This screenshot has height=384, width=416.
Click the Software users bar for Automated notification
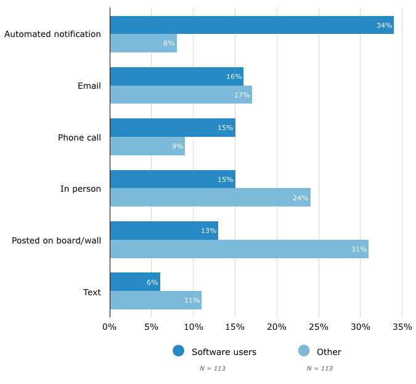(251, 25)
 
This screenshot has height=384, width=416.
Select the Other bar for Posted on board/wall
(239, 249)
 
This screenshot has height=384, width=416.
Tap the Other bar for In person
(210, 198)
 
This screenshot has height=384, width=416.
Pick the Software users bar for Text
(135, 282)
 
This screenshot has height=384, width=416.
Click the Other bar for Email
(181, 95)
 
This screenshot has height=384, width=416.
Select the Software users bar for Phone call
(173, 128)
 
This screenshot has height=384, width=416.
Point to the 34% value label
(384, 25)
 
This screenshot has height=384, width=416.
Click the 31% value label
(359, 249)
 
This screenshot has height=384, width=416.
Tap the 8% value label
(169, 43)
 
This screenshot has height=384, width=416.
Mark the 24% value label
(300, 198)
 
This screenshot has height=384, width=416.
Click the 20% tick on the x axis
(277, 327)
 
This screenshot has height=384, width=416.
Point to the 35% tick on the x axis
(402, 327)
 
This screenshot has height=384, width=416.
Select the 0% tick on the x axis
(110, 327)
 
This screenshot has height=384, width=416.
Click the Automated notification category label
(52, 34)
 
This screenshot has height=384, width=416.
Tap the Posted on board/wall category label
(56, 240)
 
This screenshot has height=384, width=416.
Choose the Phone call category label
(79, 137)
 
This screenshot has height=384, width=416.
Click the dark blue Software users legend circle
(179, 351)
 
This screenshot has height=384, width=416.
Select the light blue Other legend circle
(304, 351)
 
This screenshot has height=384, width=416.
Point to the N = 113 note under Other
(319, 369)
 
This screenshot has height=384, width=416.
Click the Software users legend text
(224, 352)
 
